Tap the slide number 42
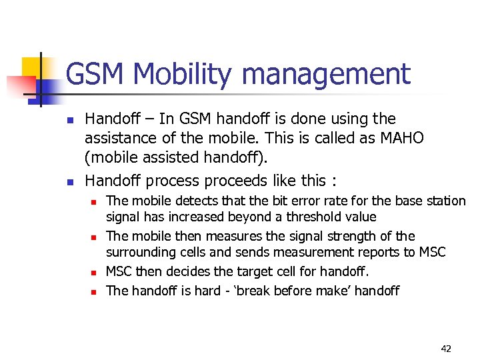pos(445,348)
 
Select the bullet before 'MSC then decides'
pos(94,272)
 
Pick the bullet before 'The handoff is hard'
pos(94,291)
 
